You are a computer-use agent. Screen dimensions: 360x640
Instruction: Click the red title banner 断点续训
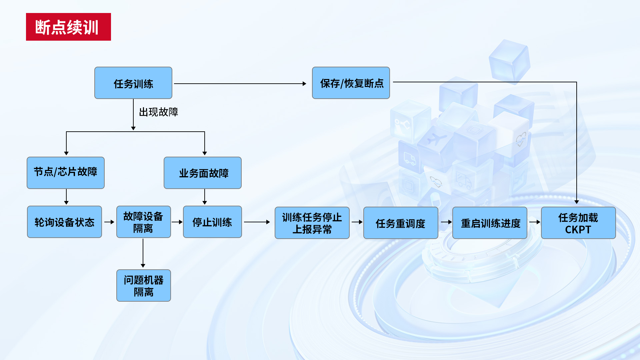point(68,27)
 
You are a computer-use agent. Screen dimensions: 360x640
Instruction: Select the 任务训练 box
point(133,83)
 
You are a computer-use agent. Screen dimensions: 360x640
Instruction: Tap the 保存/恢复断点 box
point(351,83)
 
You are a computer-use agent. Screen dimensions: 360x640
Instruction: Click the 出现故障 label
point(158,112)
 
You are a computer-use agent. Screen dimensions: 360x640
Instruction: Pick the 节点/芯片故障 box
point(66,173)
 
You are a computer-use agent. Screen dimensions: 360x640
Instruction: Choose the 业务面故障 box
point(203,173)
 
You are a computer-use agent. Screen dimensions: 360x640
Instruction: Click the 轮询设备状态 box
point(64,222)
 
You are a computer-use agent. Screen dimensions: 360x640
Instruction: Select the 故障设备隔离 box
point(143,222)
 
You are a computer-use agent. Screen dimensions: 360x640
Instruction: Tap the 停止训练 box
point(212,222)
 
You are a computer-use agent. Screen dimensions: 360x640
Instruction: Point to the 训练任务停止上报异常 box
point(312,223)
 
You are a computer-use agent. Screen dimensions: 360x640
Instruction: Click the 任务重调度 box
point(401,223)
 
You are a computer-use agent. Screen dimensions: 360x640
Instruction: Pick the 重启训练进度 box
point(490,223)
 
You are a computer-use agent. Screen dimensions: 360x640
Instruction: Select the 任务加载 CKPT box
point(578,223)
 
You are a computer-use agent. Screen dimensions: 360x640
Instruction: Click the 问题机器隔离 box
point(143,286)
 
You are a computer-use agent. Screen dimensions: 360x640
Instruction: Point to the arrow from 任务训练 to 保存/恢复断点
point(240,84)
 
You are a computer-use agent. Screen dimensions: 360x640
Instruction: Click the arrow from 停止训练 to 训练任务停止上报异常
point(257,222)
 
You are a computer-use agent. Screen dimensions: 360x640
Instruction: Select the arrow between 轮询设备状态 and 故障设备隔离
point(109,222)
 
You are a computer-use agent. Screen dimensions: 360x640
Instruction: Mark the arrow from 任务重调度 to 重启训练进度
point(446,222)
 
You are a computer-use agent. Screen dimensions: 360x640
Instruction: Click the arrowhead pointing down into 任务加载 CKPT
point(577,202)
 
